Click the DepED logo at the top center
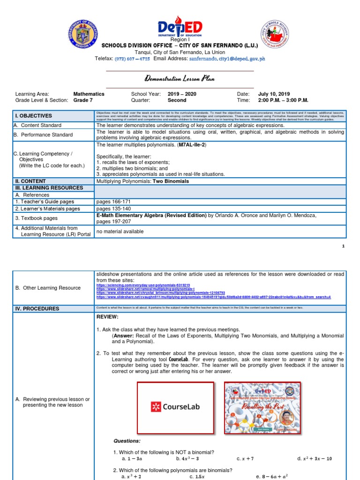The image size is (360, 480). point(180,29)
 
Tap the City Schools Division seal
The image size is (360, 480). point(275,35)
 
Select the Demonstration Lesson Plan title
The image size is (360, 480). point(180,79)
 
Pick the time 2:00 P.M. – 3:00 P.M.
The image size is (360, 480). point(284,100)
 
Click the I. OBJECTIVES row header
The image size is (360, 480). point(32,116)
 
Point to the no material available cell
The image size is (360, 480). point(120,232)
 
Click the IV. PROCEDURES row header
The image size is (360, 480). point(37,309)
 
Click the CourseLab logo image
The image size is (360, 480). point(175,406)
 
